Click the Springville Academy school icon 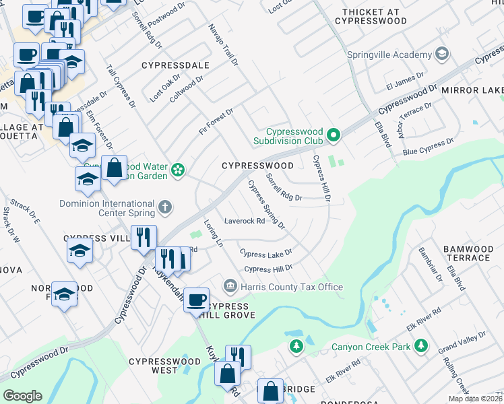pos(442,53)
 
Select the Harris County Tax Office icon pos(230,287)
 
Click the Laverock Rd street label pos(244,220)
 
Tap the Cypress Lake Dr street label pos(265,253)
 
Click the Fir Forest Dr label pos(216,121)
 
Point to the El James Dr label pos(404,83)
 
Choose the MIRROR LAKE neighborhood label pos(472,90)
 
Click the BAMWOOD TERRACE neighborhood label pos(467,253)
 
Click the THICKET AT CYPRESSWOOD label pos(374,16)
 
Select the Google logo pos(22,396)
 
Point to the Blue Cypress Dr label pos(429,147)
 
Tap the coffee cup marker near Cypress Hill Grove pos(196,300)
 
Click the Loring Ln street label pos(213,232)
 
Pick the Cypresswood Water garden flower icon pos(178,170)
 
